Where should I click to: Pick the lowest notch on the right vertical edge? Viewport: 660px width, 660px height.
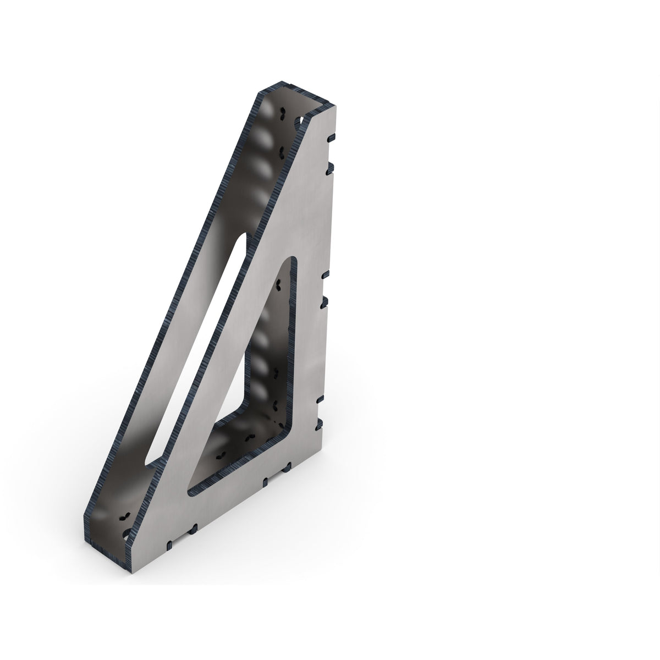pos(318,424)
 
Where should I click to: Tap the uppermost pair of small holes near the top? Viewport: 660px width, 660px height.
pos(282,114)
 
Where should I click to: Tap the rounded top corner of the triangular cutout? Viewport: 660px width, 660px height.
pos(290,263)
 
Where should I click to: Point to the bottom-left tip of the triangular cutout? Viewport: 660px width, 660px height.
pos(191,487)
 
